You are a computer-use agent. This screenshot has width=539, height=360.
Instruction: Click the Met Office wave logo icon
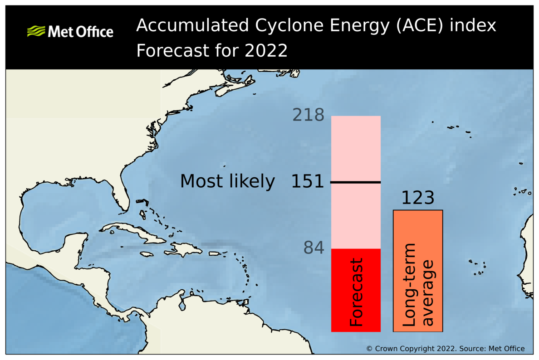(x=36, y=31)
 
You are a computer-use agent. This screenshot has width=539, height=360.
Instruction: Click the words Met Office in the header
(x=80, y=32)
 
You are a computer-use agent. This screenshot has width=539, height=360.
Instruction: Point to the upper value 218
(x=308, y=115)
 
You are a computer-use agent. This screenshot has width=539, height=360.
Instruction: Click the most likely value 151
(x=308, y=181)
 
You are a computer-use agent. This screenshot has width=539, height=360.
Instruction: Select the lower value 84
(x=314, y=248)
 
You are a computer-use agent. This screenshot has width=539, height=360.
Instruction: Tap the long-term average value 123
(x=417, y=198)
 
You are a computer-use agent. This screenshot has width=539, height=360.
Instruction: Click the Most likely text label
(x=227, y=181)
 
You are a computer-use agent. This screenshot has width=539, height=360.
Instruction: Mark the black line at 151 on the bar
(x=356, y=182)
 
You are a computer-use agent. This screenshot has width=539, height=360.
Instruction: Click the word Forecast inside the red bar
(x=357, y=292)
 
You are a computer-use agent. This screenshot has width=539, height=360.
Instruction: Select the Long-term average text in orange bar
(x=418, y=285)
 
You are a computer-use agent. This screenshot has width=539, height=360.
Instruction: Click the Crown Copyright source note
(x=445, y=349)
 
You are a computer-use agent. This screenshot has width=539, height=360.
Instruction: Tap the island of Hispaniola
(x=184, y=249)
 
